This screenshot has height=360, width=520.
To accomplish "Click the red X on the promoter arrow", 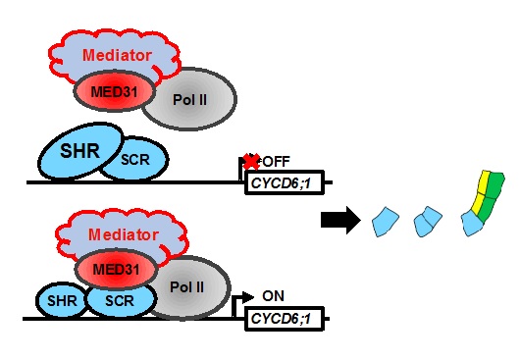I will tap(251, 161).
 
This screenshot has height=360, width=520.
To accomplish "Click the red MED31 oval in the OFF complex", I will tap(112, 93).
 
